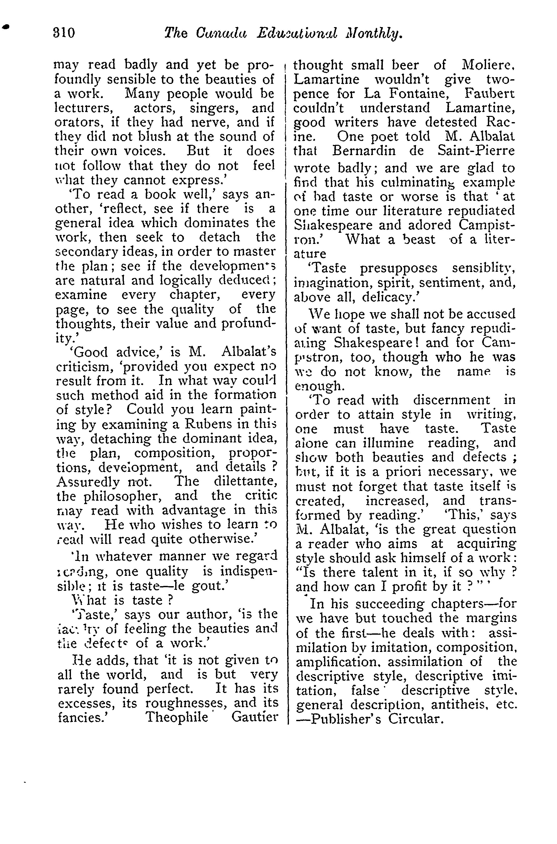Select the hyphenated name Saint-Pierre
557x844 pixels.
476,151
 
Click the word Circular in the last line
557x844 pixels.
416,719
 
